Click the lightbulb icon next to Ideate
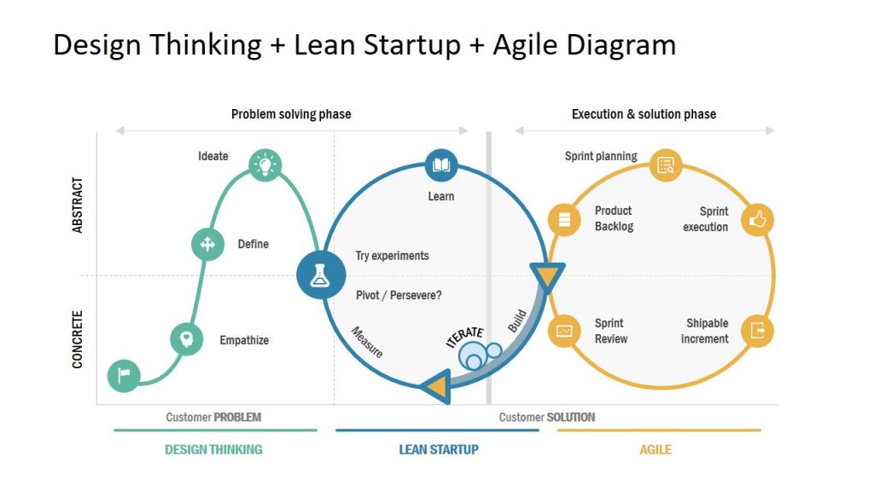click(265, 164)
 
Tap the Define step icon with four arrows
click(207, 244)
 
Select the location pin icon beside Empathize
click(186, 338)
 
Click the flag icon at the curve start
click(124, 375)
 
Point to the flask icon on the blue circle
click(321, 275)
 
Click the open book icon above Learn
click(441, 165)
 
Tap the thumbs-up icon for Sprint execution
click(757, 220)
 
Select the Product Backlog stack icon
click(564, 220)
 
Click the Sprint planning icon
click(666, 165)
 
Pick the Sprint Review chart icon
click(564, 331)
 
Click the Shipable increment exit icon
click(757, 331)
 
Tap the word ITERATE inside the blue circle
click(465, 337)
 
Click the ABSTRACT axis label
click(78, 205)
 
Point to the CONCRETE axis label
click(78, 339)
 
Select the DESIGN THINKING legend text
click(213, 449)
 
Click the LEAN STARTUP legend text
click(439, 449)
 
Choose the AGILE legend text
click(655, 449)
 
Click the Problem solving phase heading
click(291, 114)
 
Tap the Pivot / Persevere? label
click(399, 296)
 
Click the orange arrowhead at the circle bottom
click(437, 386)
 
